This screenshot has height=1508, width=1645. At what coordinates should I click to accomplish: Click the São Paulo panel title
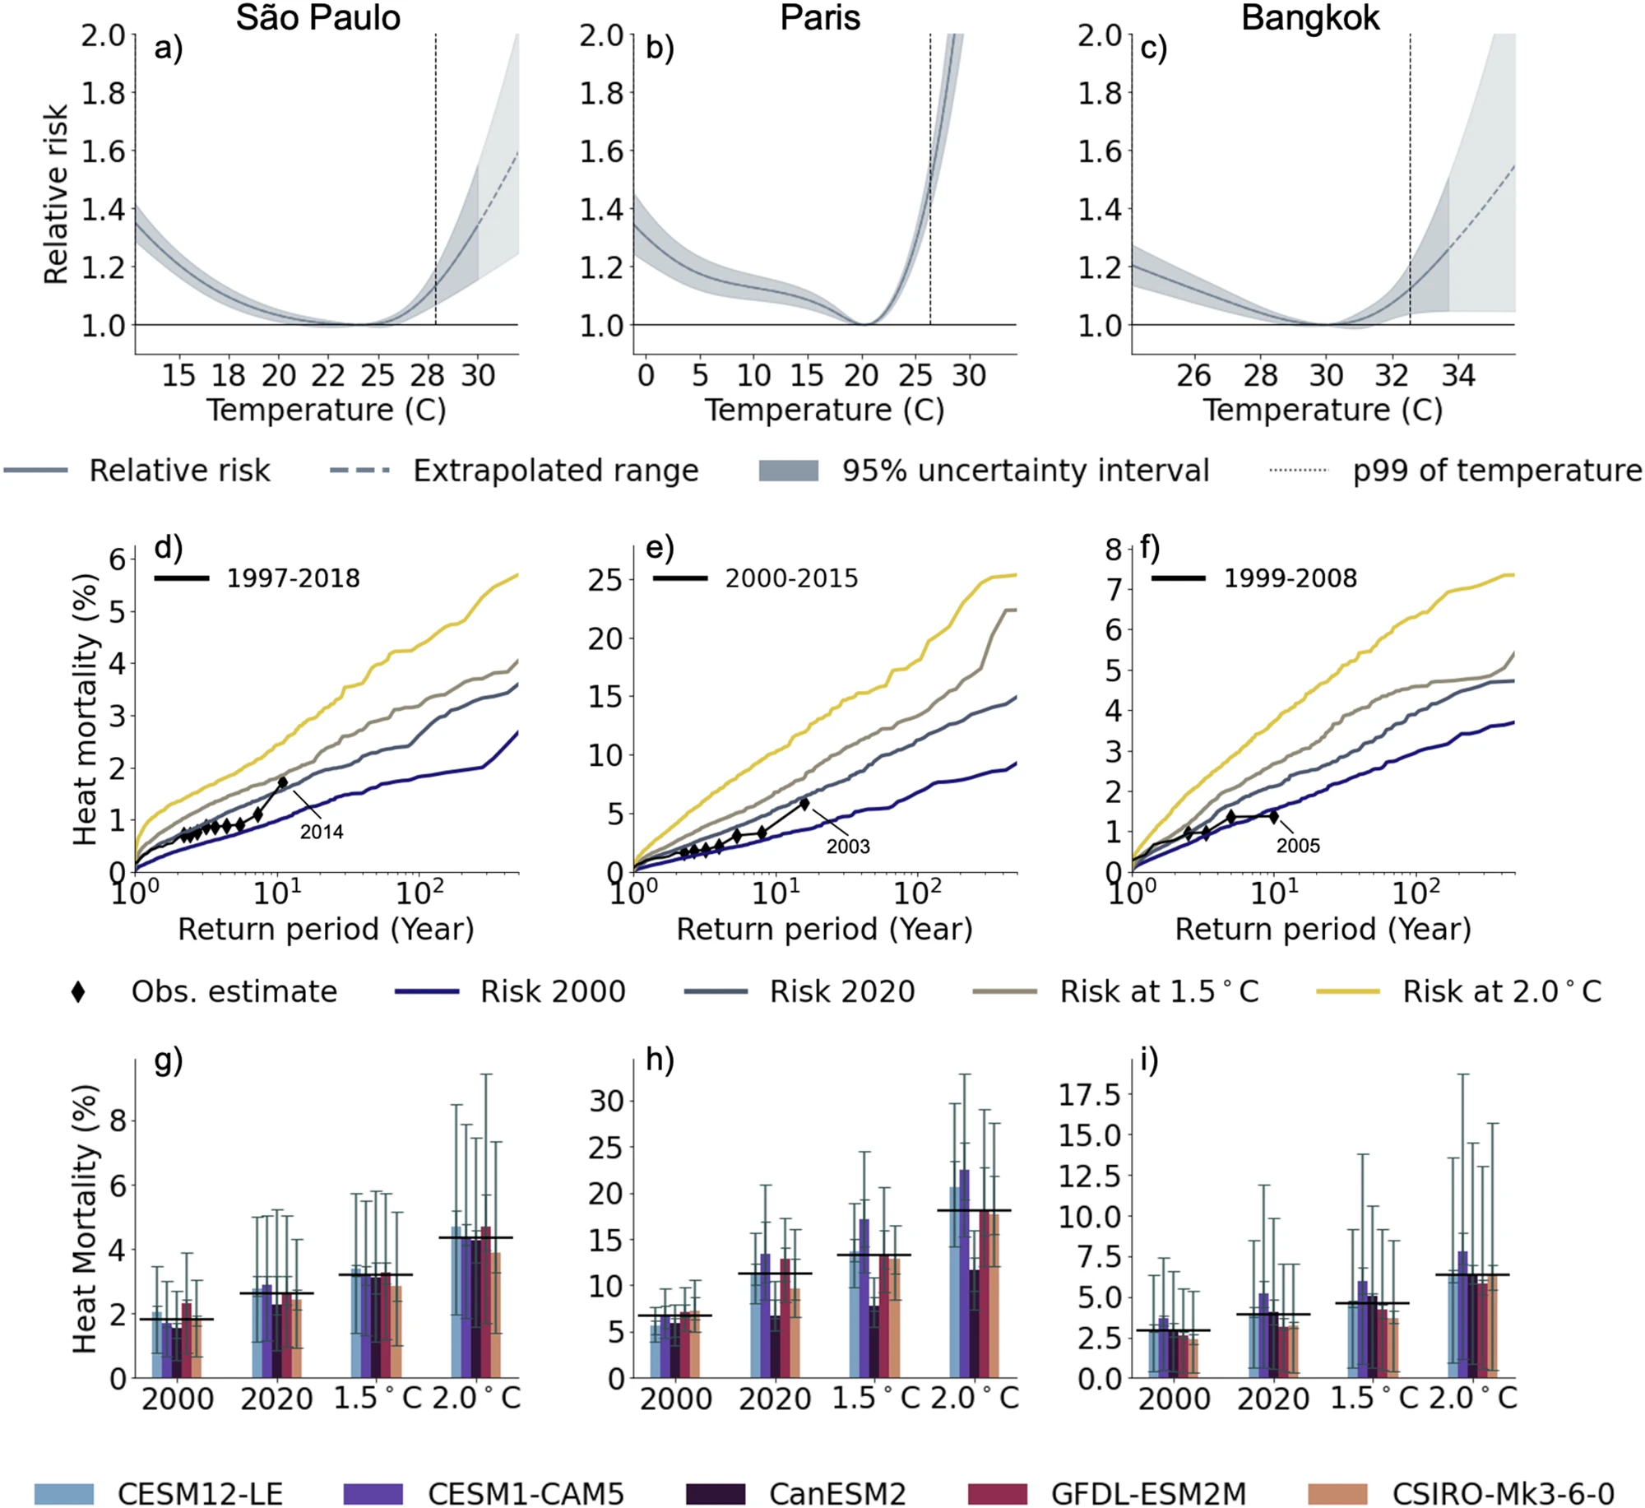317,17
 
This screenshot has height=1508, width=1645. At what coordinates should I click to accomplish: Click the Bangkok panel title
1309,17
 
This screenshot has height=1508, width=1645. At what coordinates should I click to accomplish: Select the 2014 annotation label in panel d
321,832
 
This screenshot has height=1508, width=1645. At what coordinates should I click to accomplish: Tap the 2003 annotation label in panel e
847,846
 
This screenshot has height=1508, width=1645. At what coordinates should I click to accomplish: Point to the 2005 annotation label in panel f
1298,845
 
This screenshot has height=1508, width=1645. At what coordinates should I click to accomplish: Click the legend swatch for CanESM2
716,1493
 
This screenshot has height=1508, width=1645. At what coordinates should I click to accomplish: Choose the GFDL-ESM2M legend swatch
998,1493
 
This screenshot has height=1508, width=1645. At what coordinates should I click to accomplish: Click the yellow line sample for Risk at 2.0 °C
1348,991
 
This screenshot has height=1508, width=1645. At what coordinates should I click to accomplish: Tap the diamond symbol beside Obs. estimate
78,991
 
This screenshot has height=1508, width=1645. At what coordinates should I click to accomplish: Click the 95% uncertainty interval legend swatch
788,471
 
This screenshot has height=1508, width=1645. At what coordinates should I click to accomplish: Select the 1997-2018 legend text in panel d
294,578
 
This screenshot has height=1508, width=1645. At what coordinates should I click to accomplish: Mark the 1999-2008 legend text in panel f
1291,578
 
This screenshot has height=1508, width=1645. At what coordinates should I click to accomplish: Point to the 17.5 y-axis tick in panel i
1089,1095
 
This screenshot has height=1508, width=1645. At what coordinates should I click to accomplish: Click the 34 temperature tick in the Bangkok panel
1458,376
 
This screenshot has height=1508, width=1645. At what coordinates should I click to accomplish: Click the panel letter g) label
169,1060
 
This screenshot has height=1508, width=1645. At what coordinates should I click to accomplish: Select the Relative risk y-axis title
56,194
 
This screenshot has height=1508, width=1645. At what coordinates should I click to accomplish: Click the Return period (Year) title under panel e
824,929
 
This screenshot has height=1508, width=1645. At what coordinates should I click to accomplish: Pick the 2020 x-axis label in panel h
775,1398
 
